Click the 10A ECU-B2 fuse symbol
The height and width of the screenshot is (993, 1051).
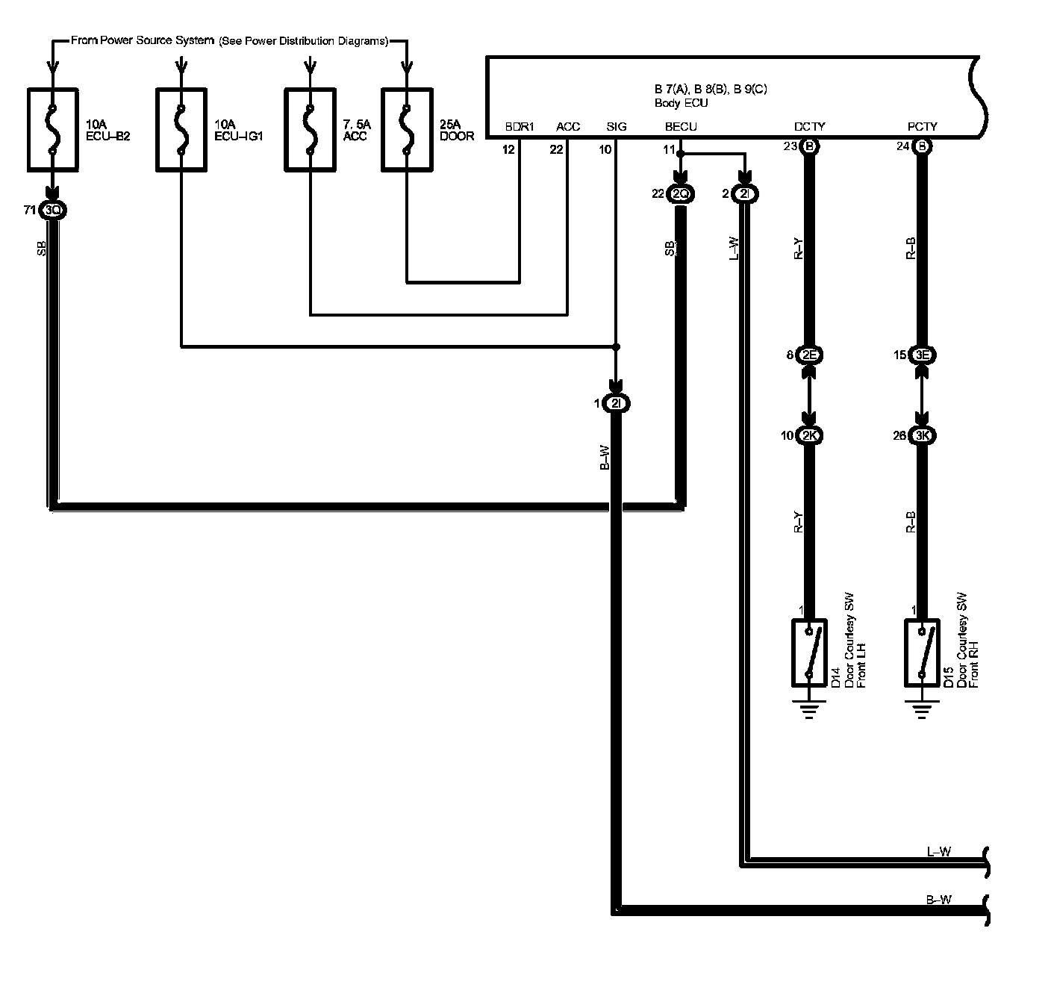(52, 130)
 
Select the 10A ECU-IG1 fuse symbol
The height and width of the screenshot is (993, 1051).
(181, 130)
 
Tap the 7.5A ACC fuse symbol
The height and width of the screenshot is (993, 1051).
(310, 130)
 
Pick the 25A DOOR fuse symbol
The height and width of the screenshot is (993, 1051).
(406, 130)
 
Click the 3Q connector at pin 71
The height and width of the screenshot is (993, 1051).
(53, 211)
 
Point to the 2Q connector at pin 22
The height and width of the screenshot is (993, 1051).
(680, 194)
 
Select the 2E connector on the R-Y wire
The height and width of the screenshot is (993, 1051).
(810, 355)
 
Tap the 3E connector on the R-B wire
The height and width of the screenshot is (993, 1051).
(922, 355)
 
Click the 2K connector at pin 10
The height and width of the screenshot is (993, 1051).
(810, 436)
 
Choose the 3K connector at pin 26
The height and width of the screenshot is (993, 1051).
(922, 436)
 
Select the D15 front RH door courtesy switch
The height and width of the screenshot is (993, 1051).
(922, 653)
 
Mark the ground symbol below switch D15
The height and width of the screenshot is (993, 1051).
(922, 708)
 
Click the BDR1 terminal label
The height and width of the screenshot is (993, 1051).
(520, 127)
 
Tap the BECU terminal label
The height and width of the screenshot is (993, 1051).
(681, 127)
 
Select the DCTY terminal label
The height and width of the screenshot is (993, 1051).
(810, 127)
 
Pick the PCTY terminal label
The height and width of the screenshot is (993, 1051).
(922, 127)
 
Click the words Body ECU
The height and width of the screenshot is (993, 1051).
(681, 103)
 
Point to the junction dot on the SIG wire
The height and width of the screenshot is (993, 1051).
(615, 347)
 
